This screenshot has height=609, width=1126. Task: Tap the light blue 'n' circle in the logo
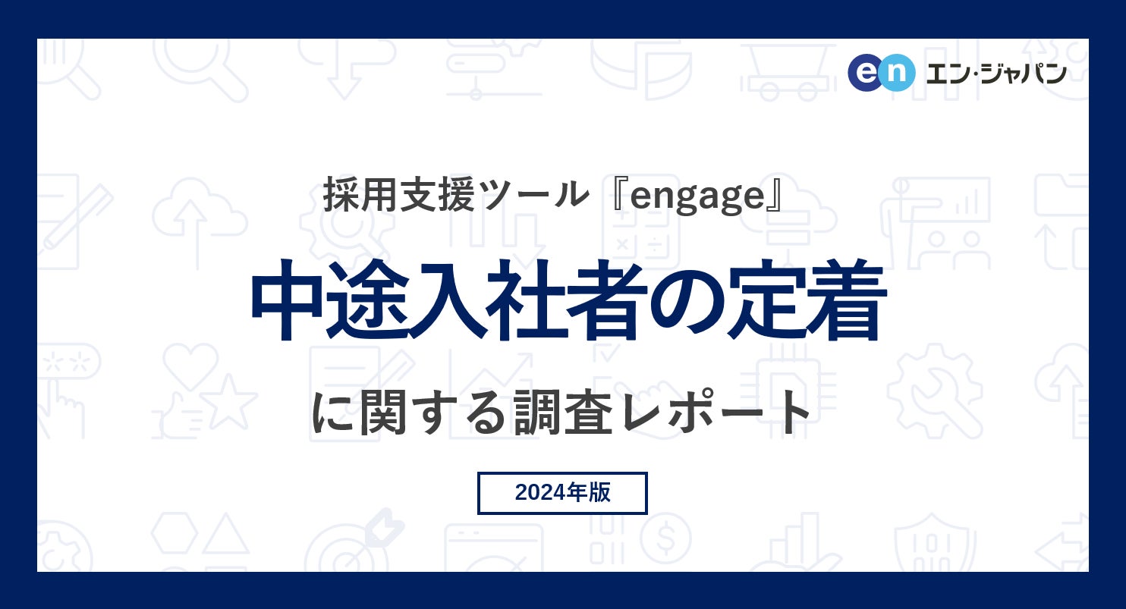(x=896, y=73)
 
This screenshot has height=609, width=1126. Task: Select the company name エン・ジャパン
(x=996, y=73)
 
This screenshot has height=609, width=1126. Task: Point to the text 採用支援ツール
(x=456, y=196)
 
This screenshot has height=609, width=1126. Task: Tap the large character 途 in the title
(x=370, y=301)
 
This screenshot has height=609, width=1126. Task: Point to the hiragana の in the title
(x=687, y=301)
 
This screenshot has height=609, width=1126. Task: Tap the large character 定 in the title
(x=768, y=301)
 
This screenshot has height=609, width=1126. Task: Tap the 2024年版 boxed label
(x=562, y=493)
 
